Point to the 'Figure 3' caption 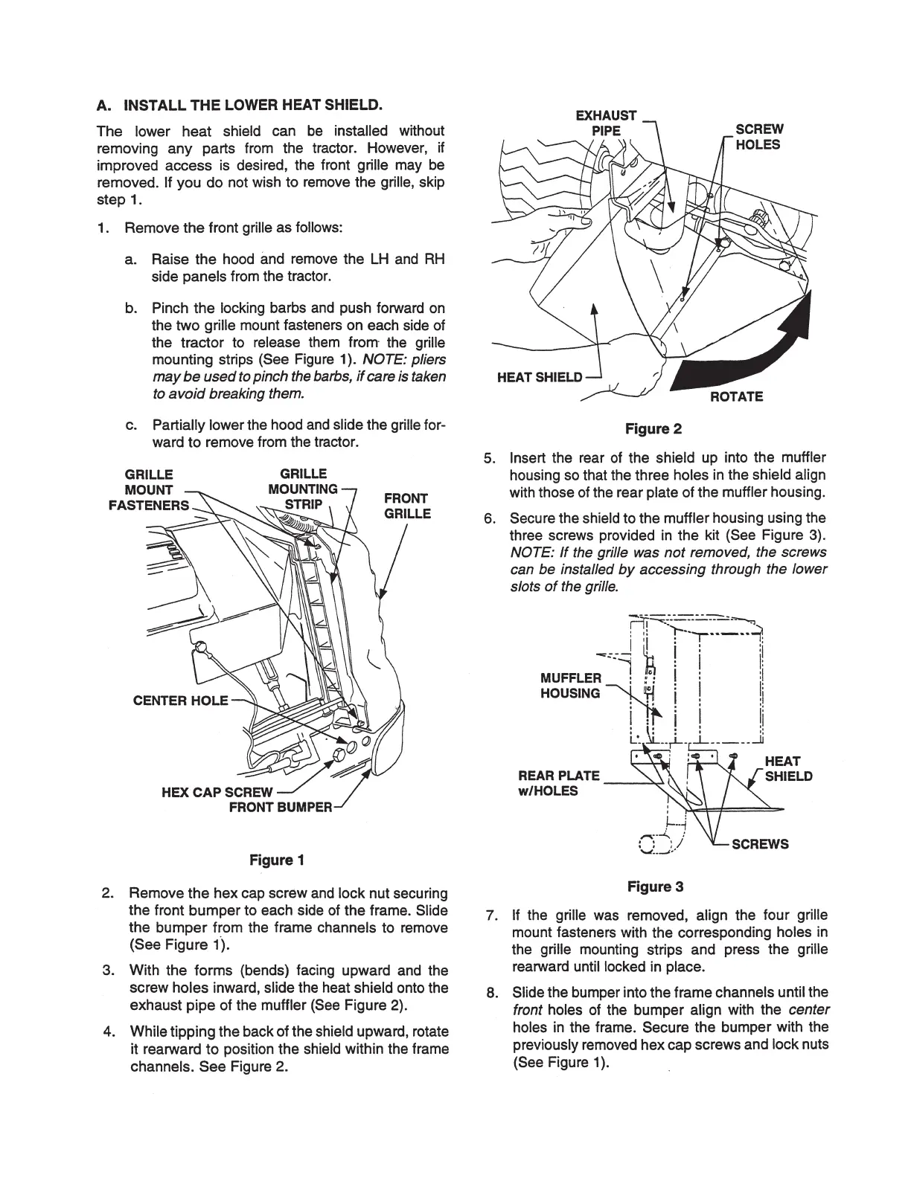click(655, 886)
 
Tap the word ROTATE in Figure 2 click(736, 396)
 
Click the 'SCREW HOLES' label click(759, 137)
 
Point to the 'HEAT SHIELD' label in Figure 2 click(540, 377)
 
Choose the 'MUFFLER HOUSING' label click(570, 686)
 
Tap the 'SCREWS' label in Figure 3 click(760, 844)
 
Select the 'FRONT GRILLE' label click(406, 506)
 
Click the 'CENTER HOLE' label click(181, 701)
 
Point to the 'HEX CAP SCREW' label click(217, 792)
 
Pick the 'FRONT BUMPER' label click(280, 808)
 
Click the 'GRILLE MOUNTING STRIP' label click(303, 489)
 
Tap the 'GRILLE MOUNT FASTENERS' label click(148, 490)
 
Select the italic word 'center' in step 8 click(808, 1009)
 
